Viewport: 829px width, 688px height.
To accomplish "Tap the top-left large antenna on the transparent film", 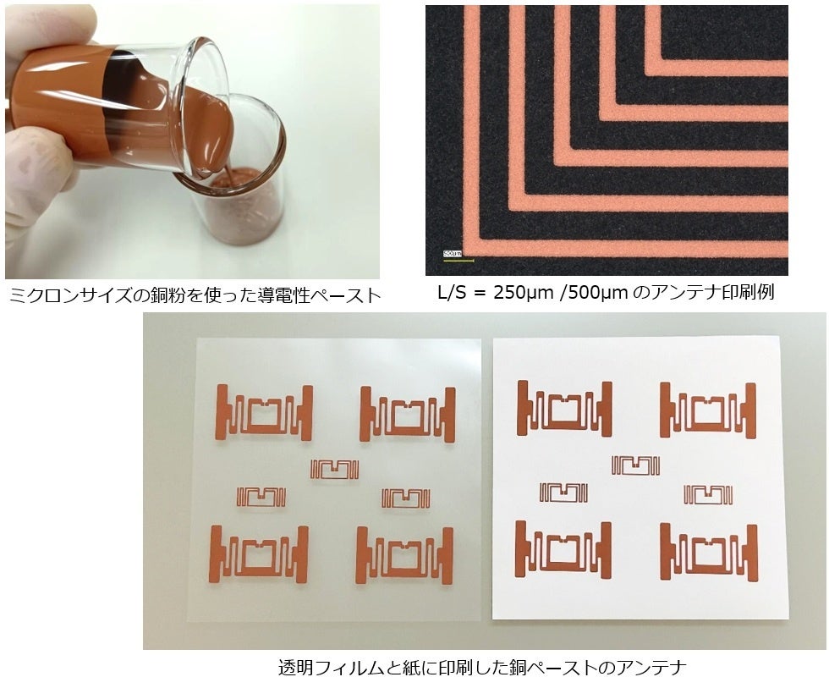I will click(264, 412).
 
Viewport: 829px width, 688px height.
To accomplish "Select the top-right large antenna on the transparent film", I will click(408, 413).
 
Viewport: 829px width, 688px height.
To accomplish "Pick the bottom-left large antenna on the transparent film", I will click(259, 554).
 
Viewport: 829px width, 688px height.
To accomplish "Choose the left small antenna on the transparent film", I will click(261, 497).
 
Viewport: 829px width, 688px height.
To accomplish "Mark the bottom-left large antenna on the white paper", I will click(563, 550).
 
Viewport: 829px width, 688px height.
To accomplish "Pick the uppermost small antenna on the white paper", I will click(635, 465).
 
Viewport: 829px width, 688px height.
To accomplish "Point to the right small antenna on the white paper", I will click(708, 493).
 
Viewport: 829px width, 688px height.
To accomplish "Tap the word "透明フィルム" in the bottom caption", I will click(329, 668).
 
